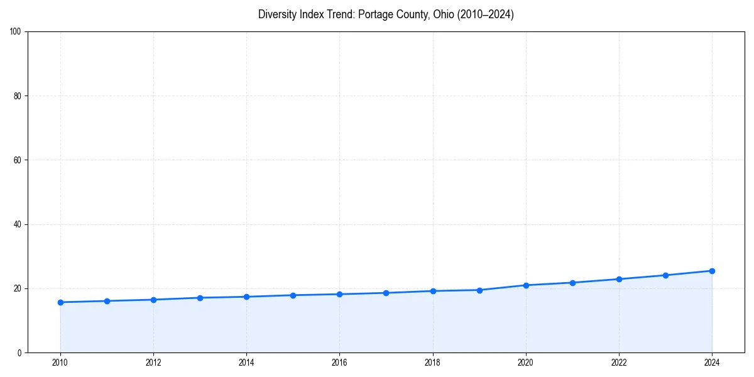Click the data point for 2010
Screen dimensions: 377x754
click(x=60, y=302)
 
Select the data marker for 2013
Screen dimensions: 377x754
click(x=200, y=298)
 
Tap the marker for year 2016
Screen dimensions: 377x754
click(x=339, y=294)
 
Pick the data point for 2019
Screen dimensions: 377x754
click(x=479, y=290)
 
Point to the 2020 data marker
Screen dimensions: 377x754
click(x=526, y=285)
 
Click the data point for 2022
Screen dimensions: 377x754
click(x=619, y=279)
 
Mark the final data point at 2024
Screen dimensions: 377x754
click(x=712, y=271)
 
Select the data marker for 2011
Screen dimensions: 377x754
click(x=107, y=301)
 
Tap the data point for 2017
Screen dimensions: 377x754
click(x=386, y=293)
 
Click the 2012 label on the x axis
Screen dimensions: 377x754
click(x=153, y=363)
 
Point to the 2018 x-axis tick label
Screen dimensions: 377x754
click(x=432, y=363)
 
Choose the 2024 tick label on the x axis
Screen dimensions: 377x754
click(x=712, y=363)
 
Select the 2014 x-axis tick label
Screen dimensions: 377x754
click(x=246, y=363)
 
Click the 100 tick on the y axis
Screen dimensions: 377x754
click(x=16, y=32)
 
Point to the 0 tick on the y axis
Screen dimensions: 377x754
click(x=20, y=352)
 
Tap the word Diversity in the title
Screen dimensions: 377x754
click(x=277, y=14)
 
